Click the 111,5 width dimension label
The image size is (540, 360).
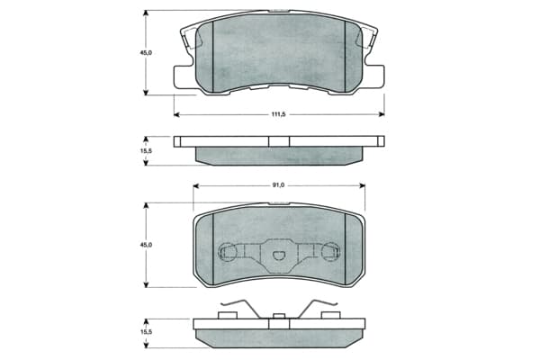278,114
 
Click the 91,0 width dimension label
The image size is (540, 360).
278,185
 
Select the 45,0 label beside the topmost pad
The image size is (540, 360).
146,53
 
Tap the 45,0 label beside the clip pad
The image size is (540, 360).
146,245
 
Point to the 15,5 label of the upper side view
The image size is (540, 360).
146,150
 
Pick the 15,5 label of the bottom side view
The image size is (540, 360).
146,332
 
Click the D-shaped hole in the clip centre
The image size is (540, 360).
278,256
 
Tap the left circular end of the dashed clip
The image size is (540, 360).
228,251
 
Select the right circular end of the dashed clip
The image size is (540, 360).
330,251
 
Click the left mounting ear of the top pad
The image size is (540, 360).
182,77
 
